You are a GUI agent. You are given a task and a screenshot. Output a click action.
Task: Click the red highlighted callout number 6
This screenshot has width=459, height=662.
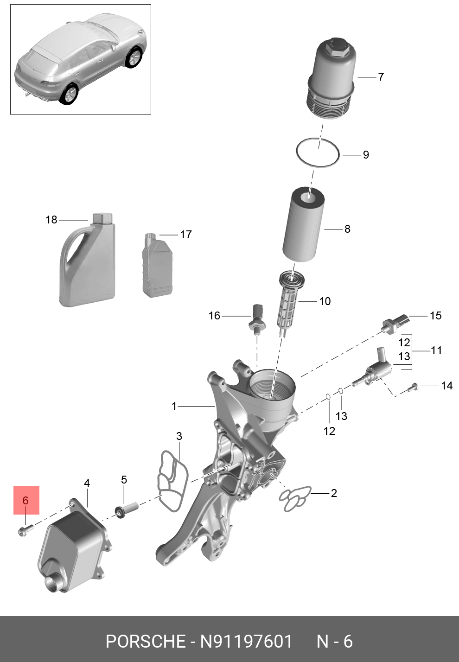pos(26,500)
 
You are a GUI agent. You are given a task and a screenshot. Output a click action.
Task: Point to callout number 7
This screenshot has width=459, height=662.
pos(381,77)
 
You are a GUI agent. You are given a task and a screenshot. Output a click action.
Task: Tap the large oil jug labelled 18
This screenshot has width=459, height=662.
pos(88,264)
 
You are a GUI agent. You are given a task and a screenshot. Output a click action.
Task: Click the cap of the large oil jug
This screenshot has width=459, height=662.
pos(102,218)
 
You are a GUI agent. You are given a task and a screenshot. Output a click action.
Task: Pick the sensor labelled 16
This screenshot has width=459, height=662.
pos(257,318)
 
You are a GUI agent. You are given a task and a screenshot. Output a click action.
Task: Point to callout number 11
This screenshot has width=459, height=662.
pos(436,351)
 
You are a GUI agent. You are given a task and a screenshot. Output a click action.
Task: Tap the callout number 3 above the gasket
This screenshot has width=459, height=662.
pos(179,436)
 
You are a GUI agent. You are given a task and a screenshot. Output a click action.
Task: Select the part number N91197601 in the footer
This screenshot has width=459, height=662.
pos(246,642)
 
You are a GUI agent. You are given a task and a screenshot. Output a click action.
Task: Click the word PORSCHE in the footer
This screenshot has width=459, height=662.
pos(145,642)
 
